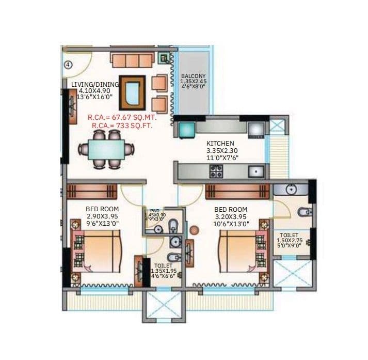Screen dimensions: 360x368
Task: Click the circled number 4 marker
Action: (x=68, y=65)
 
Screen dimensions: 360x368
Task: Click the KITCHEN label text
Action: (x=220, y=143)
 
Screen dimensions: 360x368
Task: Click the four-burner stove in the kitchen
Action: (x=216, y=172)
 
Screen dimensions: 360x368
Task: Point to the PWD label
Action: (x=154, y=211)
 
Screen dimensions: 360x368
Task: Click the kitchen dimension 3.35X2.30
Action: (x=220, y=151)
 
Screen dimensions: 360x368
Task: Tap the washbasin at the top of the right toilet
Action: (x=291, y=190)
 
